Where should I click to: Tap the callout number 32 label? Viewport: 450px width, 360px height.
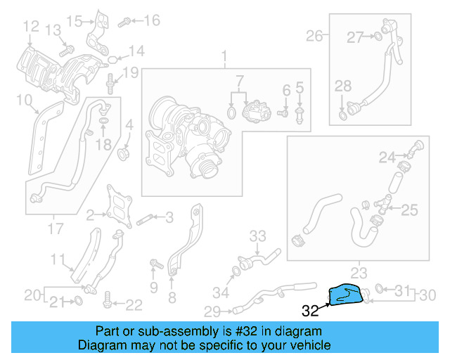(309, 309)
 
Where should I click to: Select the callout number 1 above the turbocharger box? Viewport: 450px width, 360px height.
(224, 56)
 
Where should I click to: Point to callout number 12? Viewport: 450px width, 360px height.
(30, 27)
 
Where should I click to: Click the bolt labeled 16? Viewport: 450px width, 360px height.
(124, 22)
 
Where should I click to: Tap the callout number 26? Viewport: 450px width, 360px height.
(314, 35)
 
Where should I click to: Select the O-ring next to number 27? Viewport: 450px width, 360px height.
(379, 36)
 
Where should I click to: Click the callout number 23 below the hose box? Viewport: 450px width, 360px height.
(359, 272)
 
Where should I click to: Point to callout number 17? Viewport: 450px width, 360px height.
(55, 229)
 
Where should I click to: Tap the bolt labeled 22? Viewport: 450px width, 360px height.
(107, 304)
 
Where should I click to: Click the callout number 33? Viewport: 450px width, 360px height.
(258, 235)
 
